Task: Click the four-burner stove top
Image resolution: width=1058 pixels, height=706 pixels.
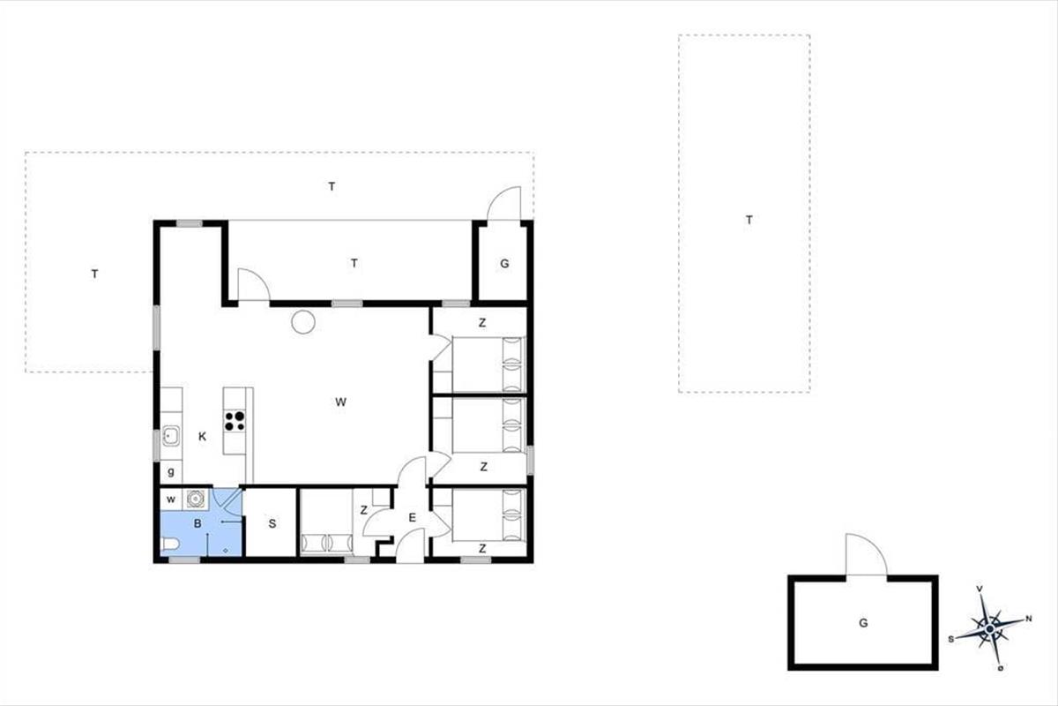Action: click(235, 421)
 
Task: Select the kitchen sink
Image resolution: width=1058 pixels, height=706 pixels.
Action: click(170, 436)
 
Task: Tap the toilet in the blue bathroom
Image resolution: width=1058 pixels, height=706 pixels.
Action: click(169, 545)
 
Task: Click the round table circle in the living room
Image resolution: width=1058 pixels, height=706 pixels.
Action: click(303, 322)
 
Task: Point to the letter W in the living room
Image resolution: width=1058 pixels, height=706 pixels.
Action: click(340, 402)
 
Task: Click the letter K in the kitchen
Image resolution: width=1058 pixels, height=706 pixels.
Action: click(202, 437)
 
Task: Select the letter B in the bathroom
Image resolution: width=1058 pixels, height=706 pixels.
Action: click(197, 523)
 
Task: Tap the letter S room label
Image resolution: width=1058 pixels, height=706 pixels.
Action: click(272, 524)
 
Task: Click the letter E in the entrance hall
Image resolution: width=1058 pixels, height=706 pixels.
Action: click(412, 518)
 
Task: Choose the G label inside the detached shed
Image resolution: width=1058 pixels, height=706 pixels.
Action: click(863, 623)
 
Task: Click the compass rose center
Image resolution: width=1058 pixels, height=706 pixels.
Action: click(989, 629)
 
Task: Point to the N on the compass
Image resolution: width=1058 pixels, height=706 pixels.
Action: click(1029, 619)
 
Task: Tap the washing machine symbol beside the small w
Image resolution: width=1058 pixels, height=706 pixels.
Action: click(195, 499)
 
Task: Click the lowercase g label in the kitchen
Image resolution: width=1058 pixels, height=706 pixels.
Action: click(171, 471)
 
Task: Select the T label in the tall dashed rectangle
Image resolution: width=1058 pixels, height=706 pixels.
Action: click(749, 220)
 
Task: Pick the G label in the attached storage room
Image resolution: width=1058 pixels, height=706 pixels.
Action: click(504, 264)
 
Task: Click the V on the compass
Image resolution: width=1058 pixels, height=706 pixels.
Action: click(980, 589)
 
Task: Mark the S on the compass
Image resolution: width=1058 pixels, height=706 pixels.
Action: click(950, 639)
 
